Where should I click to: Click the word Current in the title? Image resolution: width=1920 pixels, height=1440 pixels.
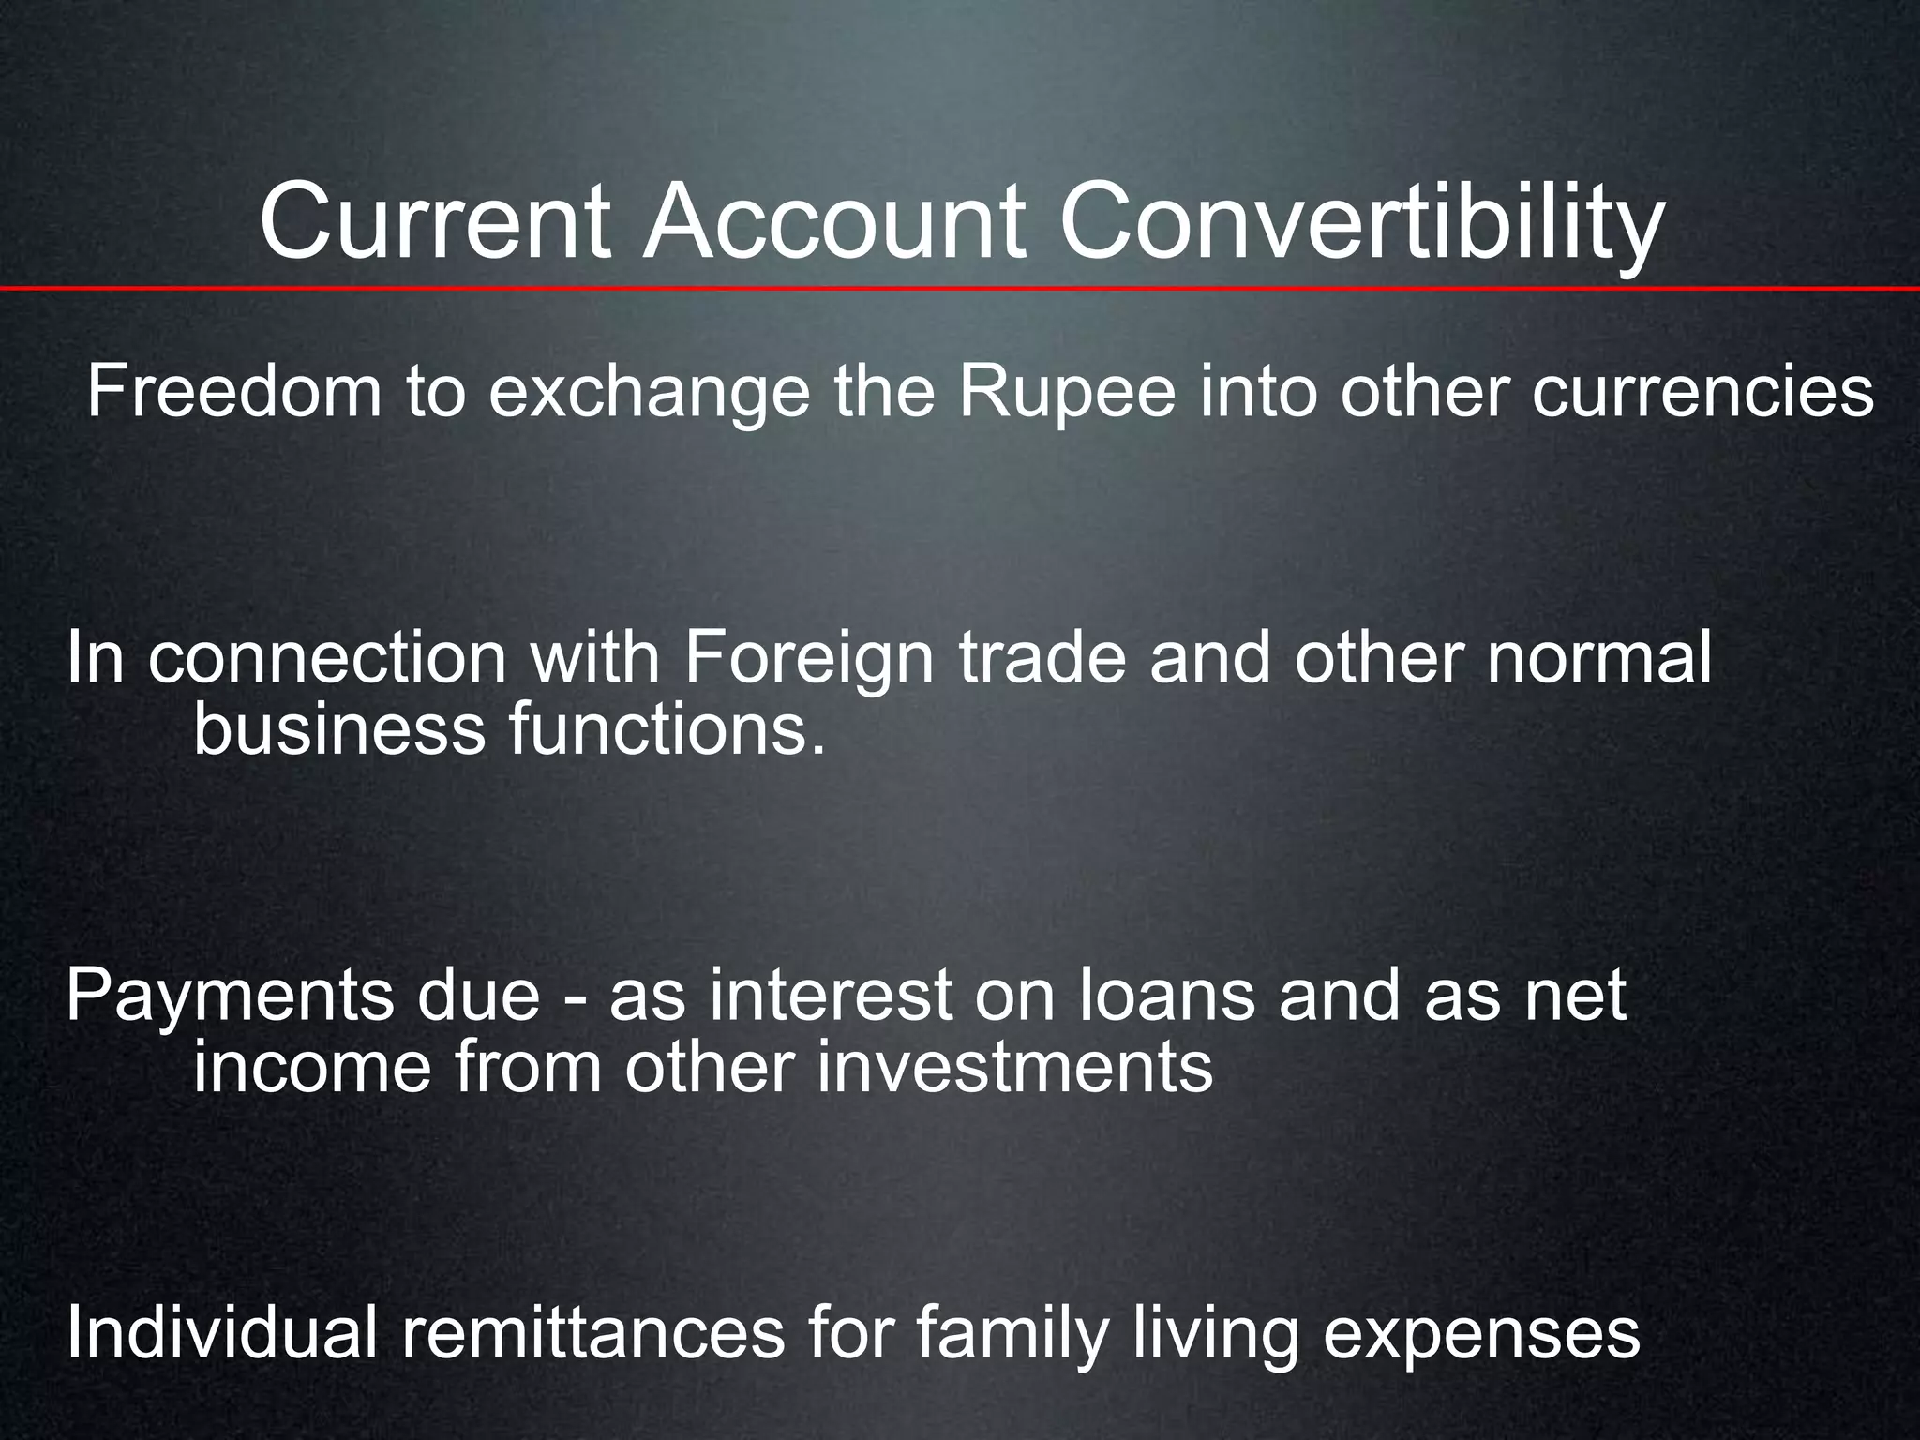coord(435,224)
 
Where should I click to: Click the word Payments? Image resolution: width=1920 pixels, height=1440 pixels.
coord(231,998)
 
